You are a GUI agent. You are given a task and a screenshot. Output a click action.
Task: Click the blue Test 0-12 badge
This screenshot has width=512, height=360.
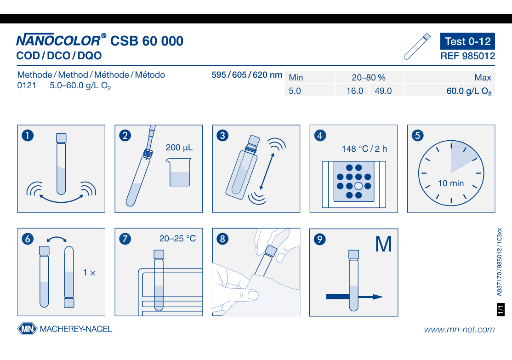click(x=467, y=41)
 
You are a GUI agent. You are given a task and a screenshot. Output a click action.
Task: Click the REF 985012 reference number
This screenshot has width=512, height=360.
click(x=467, y=56)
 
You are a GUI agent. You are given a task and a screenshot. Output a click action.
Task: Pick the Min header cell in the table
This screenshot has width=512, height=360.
click(x=309, y=77)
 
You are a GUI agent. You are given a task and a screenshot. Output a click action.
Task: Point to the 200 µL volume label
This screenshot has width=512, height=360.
click(x=179, y=148)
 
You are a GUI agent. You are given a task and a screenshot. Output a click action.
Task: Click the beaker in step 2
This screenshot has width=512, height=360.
click(x=179, y=172)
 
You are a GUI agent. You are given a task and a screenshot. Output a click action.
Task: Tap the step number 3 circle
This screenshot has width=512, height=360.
click(x=222, y=136)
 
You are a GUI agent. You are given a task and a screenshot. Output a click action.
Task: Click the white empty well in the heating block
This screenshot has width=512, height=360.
click(x=358, y=186)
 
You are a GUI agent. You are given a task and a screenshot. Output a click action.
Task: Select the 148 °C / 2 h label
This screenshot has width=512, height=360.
click(x=364, y=149)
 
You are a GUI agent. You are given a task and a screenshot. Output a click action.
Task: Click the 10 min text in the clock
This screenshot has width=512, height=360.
click(x=451, y=183)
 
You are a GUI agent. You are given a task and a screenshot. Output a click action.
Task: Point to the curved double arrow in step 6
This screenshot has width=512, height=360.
click(x=57, y=239)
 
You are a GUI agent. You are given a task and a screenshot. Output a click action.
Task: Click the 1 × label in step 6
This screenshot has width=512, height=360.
click(x=89, y=273)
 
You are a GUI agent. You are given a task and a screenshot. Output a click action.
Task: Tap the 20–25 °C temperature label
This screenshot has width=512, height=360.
click(x=177, y=239)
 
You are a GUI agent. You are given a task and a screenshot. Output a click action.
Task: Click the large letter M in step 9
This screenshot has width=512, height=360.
click(x=383, y=244)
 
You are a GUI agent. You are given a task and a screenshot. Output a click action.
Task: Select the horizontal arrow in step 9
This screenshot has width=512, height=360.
click(x=354, y=297)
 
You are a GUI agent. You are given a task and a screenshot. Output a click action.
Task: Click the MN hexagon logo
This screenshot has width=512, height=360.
click(x=28, y=329)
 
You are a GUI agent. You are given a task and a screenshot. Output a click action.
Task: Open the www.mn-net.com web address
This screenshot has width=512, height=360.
click(x=459, y=329)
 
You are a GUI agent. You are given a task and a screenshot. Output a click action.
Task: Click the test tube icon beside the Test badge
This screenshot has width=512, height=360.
click(x=417, y=46)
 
